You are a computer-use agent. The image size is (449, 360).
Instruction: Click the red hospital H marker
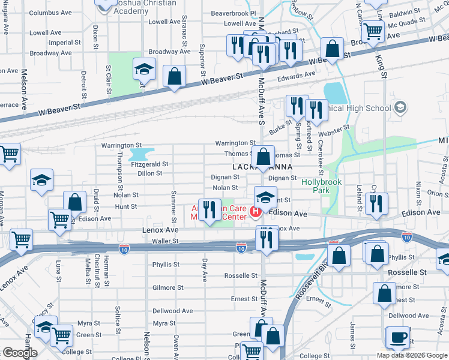(x=256, y=212)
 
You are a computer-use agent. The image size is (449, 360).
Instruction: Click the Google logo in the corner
(x=19, y=353)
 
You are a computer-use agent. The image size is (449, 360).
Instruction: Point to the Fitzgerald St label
(x=150, y=164)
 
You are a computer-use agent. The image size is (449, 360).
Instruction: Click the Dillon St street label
(x=150, y=173)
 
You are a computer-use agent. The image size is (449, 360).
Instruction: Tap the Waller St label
(x=166, y=241)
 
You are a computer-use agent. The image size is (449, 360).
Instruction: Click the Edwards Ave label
(x=296, y=75)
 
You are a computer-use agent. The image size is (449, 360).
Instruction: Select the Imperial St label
(x=65, y=43)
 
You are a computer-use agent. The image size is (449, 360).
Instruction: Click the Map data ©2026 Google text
(x=411, y=355)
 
